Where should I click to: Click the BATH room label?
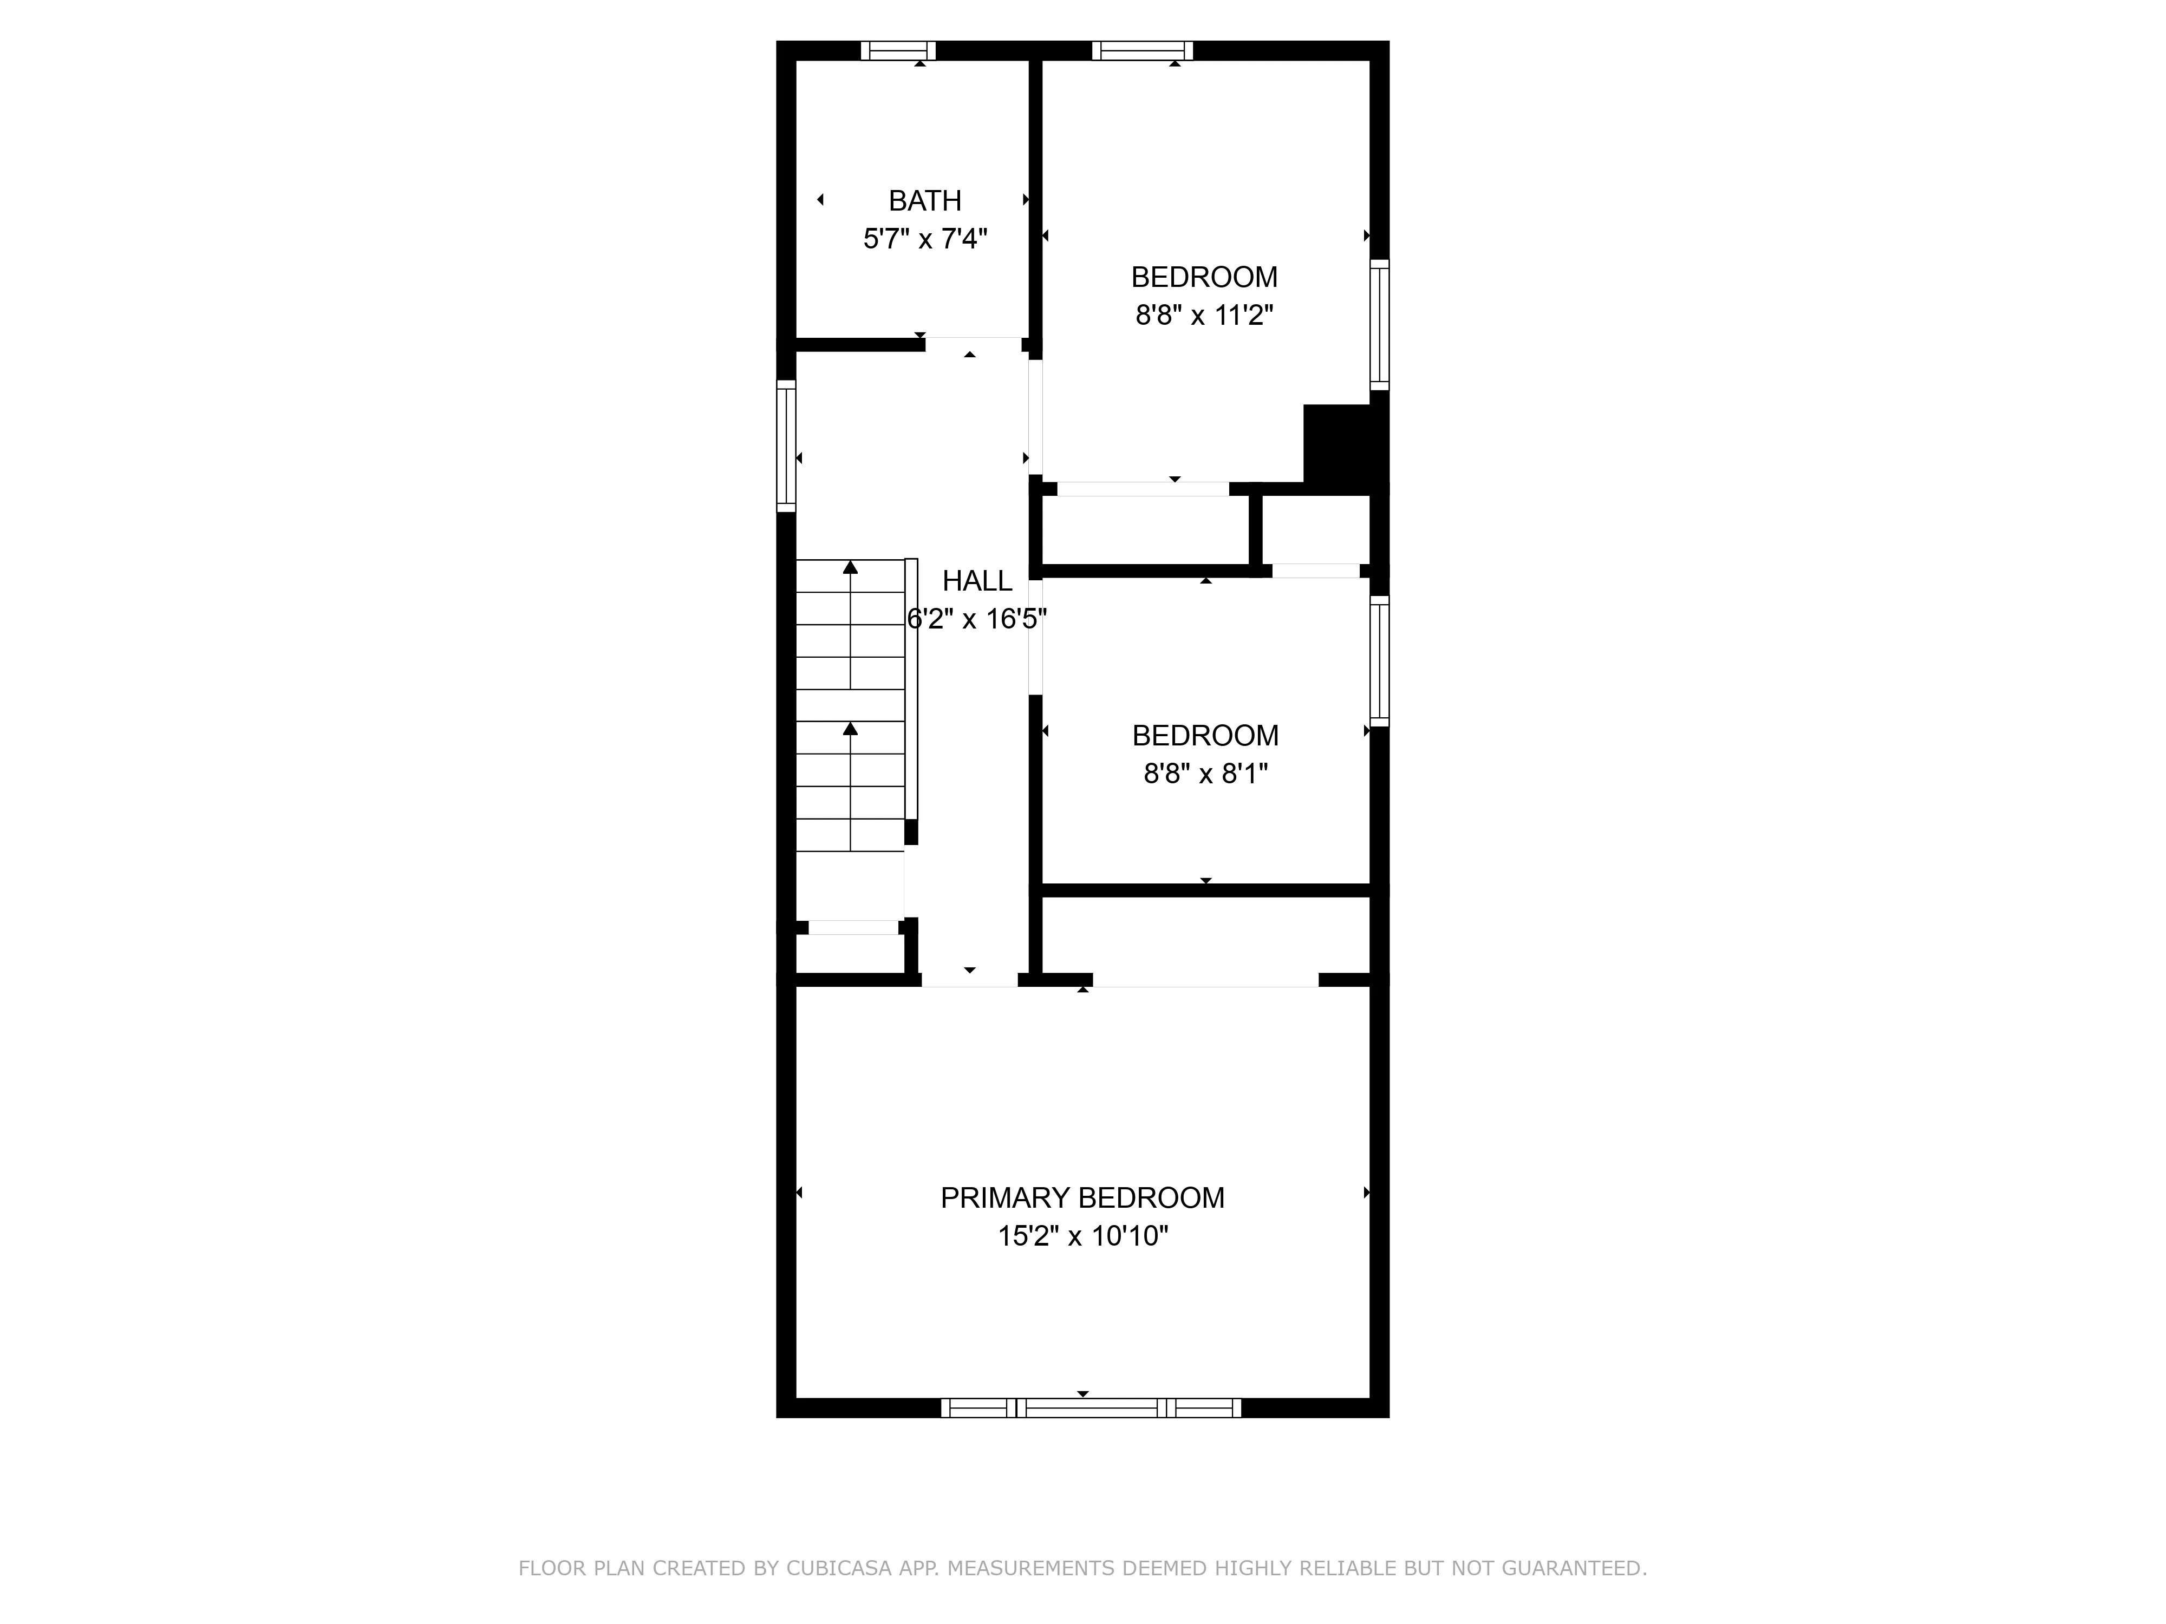(924, 201)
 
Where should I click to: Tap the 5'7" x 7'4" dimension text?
(924, 239)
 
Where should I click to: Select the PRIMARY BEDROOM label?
(1082, 1198)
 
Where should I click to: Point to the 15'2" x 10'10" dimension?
(1082, 1236)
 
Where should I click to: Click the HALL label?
(976, 581)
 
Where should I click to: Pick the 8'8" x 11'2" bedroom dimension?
(1203, 315)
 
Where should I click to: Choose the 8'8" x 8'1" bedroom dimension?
(1205, 774)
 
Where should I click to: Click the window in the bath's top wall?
(898, 51)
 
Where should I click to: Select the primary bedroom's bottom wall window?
(1091, 1407)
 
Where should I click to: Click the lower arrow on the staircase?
(850, 729)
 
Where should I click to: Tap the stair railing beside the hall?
(911, 690)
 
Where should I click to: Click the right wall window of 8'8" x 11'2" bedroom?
(1379, 325)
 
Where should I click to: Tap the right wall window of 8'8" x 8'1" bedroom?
(1379, 661)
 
